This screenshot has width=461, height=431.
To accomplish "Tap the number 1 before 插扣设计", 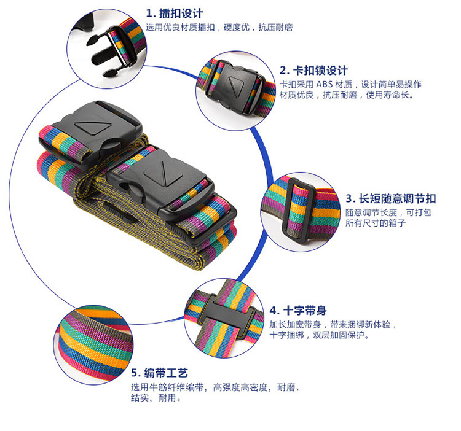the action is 149,13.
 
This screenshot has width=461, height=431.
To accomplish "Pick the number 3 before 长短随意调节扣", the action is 349,198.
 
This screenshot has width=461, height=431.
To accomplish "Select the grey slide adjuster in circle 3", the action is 294,209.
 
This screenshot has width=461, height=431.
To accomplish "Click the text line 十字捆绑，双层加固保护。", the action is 318,335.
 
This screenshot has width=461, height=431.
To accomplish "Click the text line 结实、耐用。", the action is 156,398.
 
